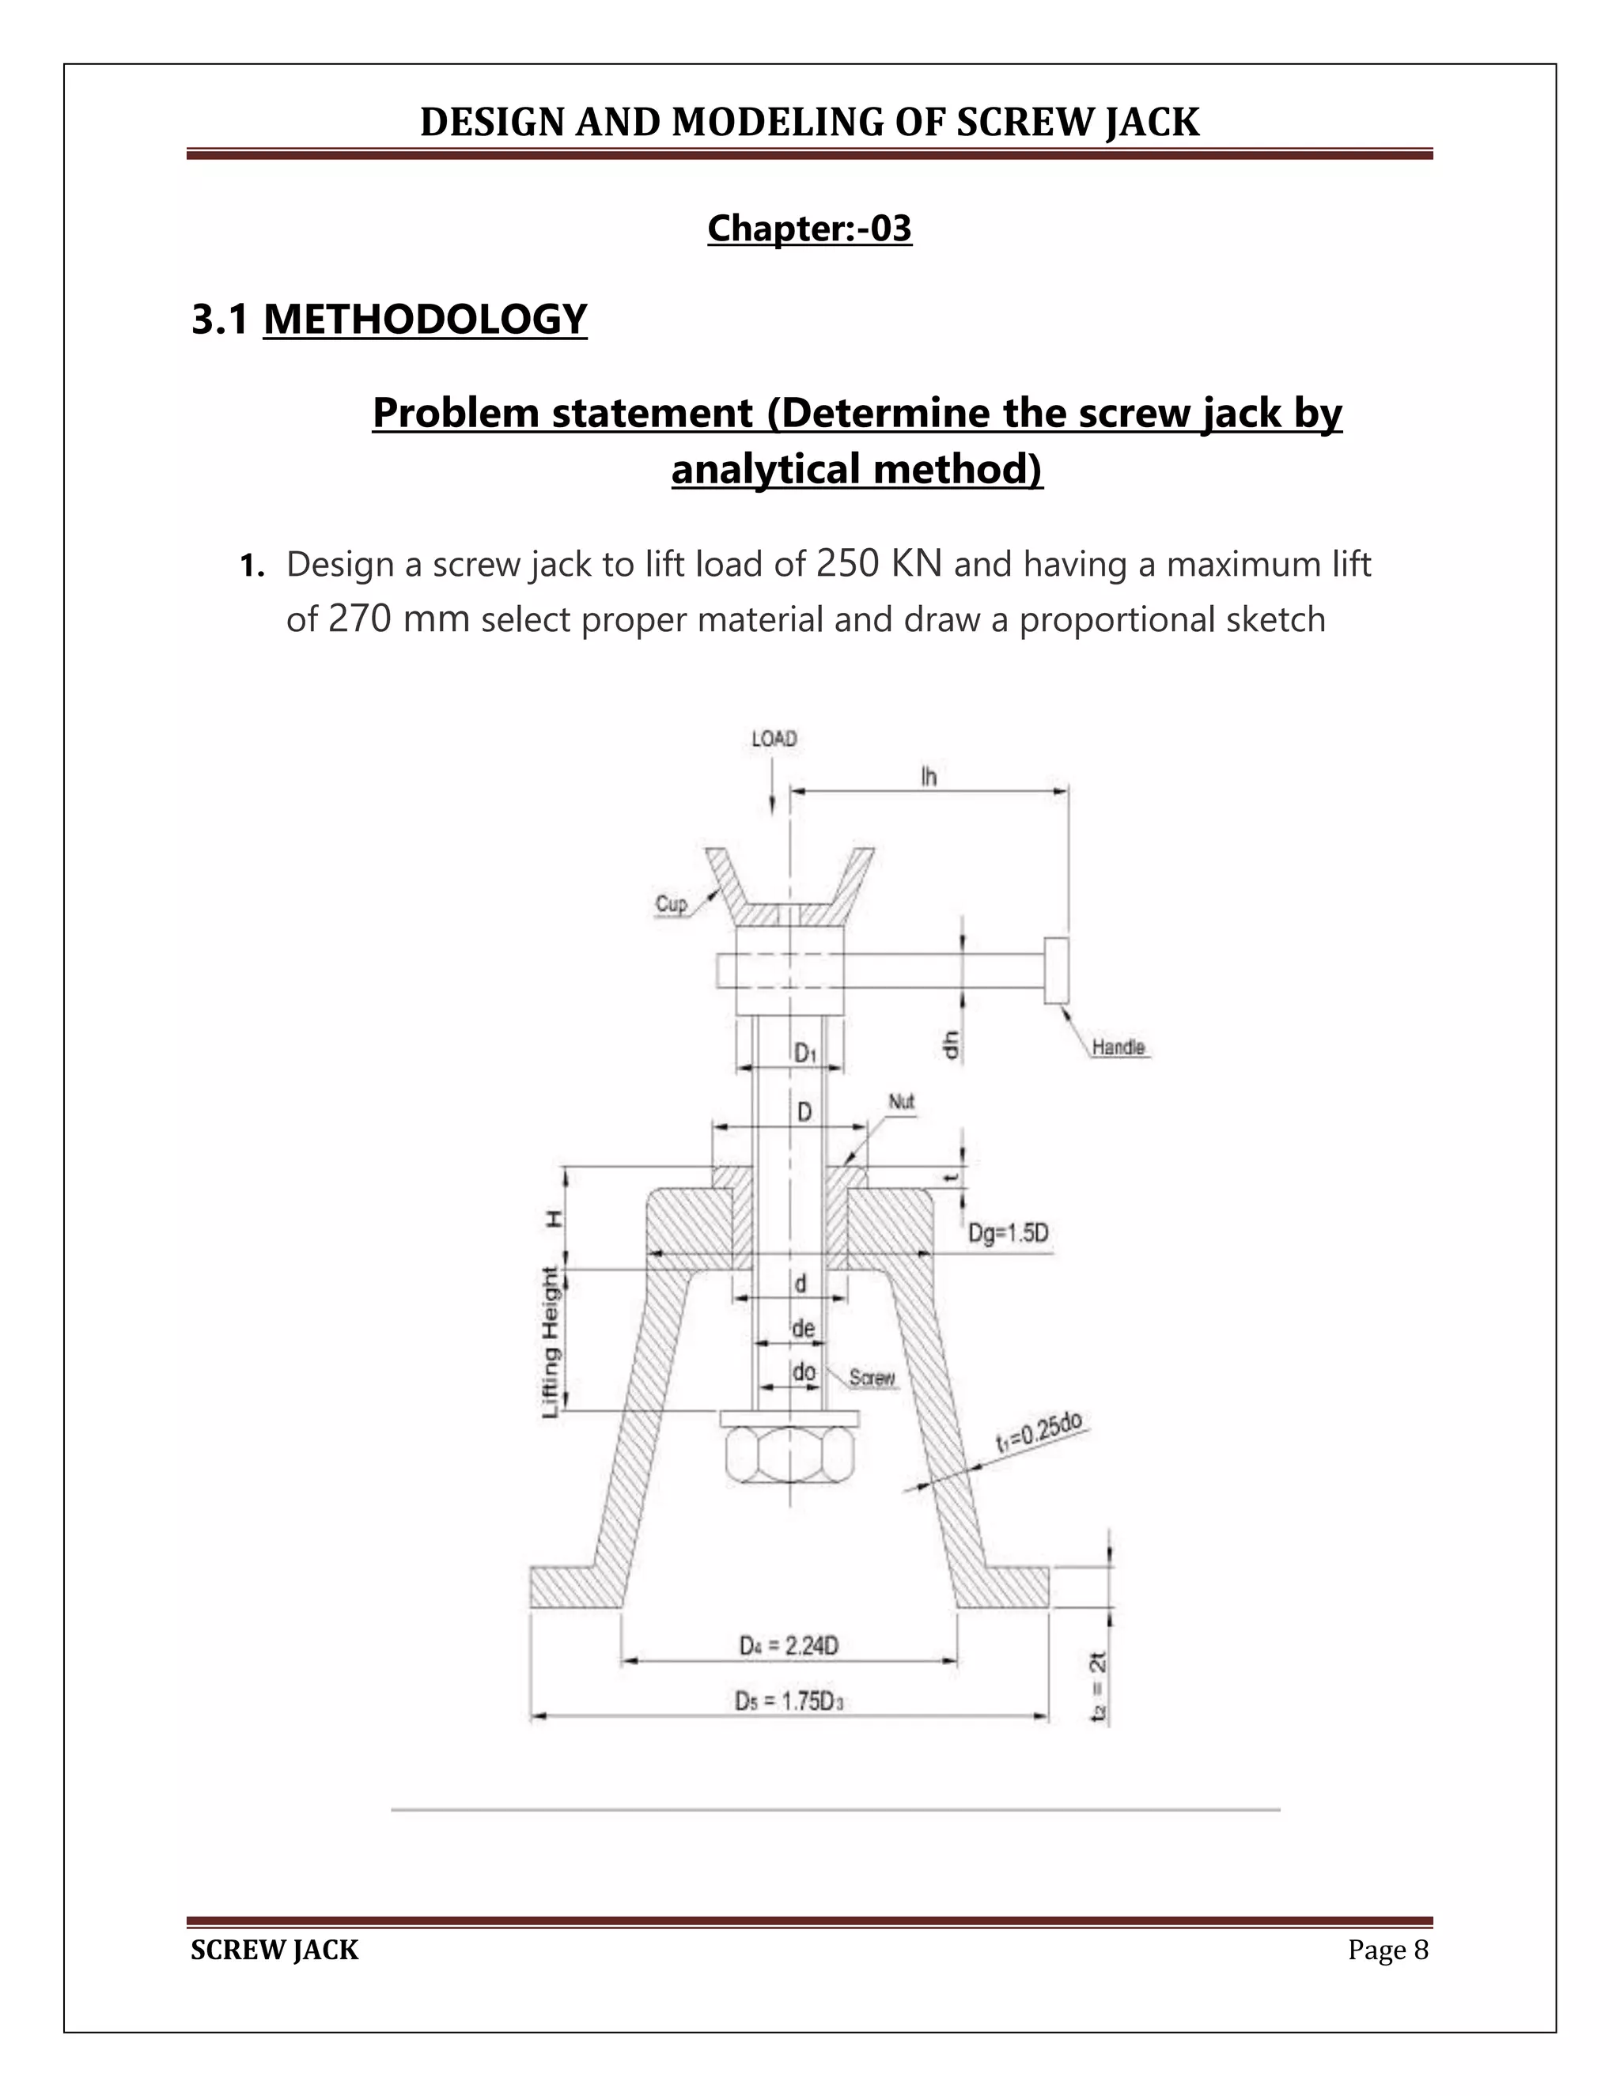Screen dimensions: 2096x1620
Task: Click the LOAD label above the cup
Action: tap(774, 739)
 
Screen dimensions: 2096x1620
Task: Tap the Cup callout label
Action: tap(671, 904)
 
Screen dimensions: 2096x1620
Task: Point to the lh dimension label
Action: tap(928, 777)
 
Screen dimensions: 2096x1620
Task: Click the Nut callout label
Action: tap(901, 1102)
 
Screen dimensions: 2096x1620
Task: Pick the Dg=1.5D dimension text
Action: tap(1008, 1233)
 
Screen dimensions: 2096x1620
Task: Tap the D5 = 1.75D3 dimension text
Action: tap(789, 1701)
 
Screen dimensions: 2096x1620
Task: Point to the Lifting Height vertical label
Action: tap(551, 1341)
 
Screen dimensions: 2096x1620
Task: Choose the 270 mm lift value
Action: tap(399, 620)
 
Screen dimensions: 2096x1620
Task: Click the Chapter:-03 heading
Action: tap(809, 229)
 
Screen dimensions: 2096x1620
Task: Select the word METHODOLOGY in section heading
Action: tap(425, 320)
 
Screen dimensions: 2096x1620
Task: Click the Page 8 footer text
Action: tap(1387, 1950)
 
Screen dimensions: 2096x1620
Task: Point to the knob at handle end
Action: tap(1057, 971)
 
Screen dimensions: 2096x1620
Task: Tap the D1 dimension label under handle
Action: tap(804, 1054)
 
